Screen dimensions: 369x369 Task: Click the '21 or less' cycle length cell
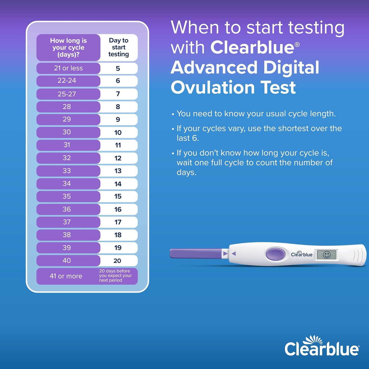[x=68, y=68]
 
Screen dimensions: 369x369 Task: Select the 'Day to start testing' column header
[x=118, y=47]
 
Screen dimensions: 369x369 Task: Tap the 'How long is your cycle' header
[x=68, y=47]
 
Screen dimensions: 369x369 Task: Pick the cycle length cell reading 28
[x=67, y=107]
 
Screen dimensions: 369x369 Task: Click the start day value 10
[x=118, y=133]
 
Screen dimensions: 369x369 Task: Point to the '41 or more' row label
[x=66, y=276]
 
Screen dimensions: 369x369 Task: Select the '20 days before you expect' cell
[x=115, y=276]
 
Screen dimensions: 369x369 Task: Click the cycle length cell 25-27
[x=67, y=94]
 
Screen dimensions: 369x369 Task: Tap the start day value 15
[x=118, y=196]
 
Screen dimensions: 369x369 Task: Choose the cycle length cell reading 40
[x=67, y=260]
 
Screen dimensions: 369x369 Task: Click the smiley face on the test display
[x=327, y=255]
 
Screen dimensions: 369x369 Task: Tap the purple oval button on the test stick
[x=275, y=254]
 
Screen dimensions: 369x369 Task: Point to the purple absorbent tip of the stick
[x=196, y=254]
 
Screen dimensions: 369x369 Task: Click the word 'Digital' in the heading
[x=291, y=68]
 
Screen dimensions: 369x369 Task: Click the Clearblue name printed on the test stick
[x=302, y=254]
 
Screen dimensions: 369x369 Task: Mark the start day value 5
[x=118, y=68]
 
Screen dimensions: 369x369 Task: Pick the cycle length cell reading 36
[x=67, y=209]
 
